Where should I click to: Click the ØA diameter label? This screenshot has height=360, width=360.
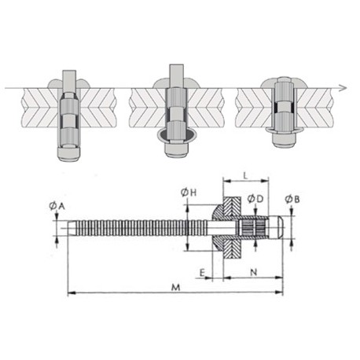[57, 206]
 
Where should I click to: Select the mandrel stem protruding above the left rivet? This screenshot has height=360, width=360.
[68, 79]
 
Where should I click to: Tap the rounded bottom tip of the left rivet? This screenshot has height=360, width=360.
[68, 155]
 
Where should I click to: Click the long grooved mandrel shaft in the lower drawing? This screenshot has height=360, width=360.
[134, 229]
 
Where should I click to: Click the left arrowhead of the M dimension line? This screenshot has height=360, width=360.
[70, 293]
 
